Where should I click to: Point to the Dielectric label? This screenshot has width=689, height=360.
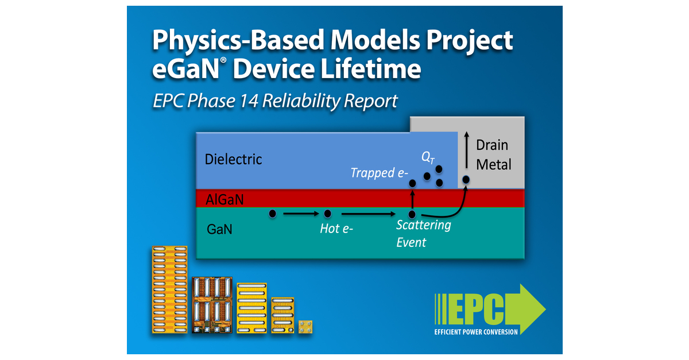(233, 159)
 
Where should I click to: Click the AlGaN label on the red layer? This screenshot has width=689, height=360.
(225, 199)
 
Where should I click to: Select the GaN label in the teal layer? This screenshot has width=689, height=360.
(220, 230)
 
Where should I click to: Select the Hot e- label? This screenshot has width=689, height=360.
(336, 229)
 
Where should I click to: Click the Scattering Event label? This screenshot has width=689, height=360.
(423, 233)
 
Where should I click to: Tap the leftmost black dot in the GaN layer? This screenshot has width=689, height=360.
(273, 214)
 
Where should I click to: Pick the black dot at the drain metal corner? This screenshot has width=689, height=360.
(466, 180)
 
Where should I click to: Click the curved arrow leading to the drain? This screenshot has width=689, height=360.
(448, 208)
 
